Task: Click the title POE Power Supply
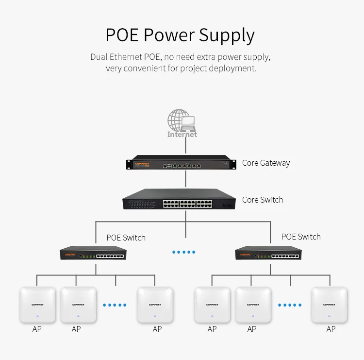click(x=180, y=35)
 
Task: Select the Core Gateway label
click(x=265, y=163)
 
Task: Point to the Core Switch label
click(x=262, y=200)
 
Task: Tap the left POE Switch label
click(x=126, y=238)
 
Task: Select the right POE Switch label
click(x=301, y=237)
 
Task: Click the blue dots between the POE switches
click(x=184, y=252)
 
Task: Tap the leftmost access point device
click(x=37, y=305)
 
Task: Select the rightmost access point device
click(x=330, y=305)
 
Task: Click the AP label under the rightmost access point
click(x=331, y=329)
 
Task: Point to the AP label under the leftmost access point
click(x=37, y=329)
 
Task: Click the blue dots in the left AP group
click(x=115, y=305)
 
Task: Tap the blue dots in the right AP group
click(x=290, y=305)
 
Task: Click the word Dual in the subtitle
click(x=99, y=57)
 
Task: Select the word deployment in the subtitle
click(x=231, y=69)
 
